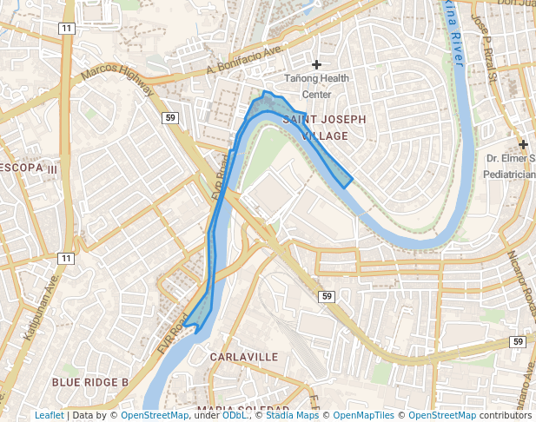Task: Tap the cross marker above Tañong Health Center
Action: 316,64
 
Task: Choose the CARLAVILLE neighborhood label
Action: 244,357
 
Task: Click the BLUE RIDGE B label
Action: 90,382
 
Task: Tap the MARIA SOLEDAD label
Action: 243,408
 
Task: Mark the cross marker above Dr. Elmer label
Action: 523,144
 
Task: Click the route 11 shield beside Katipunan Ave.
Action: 66,259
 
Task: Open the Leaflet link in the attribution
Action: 49,415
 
